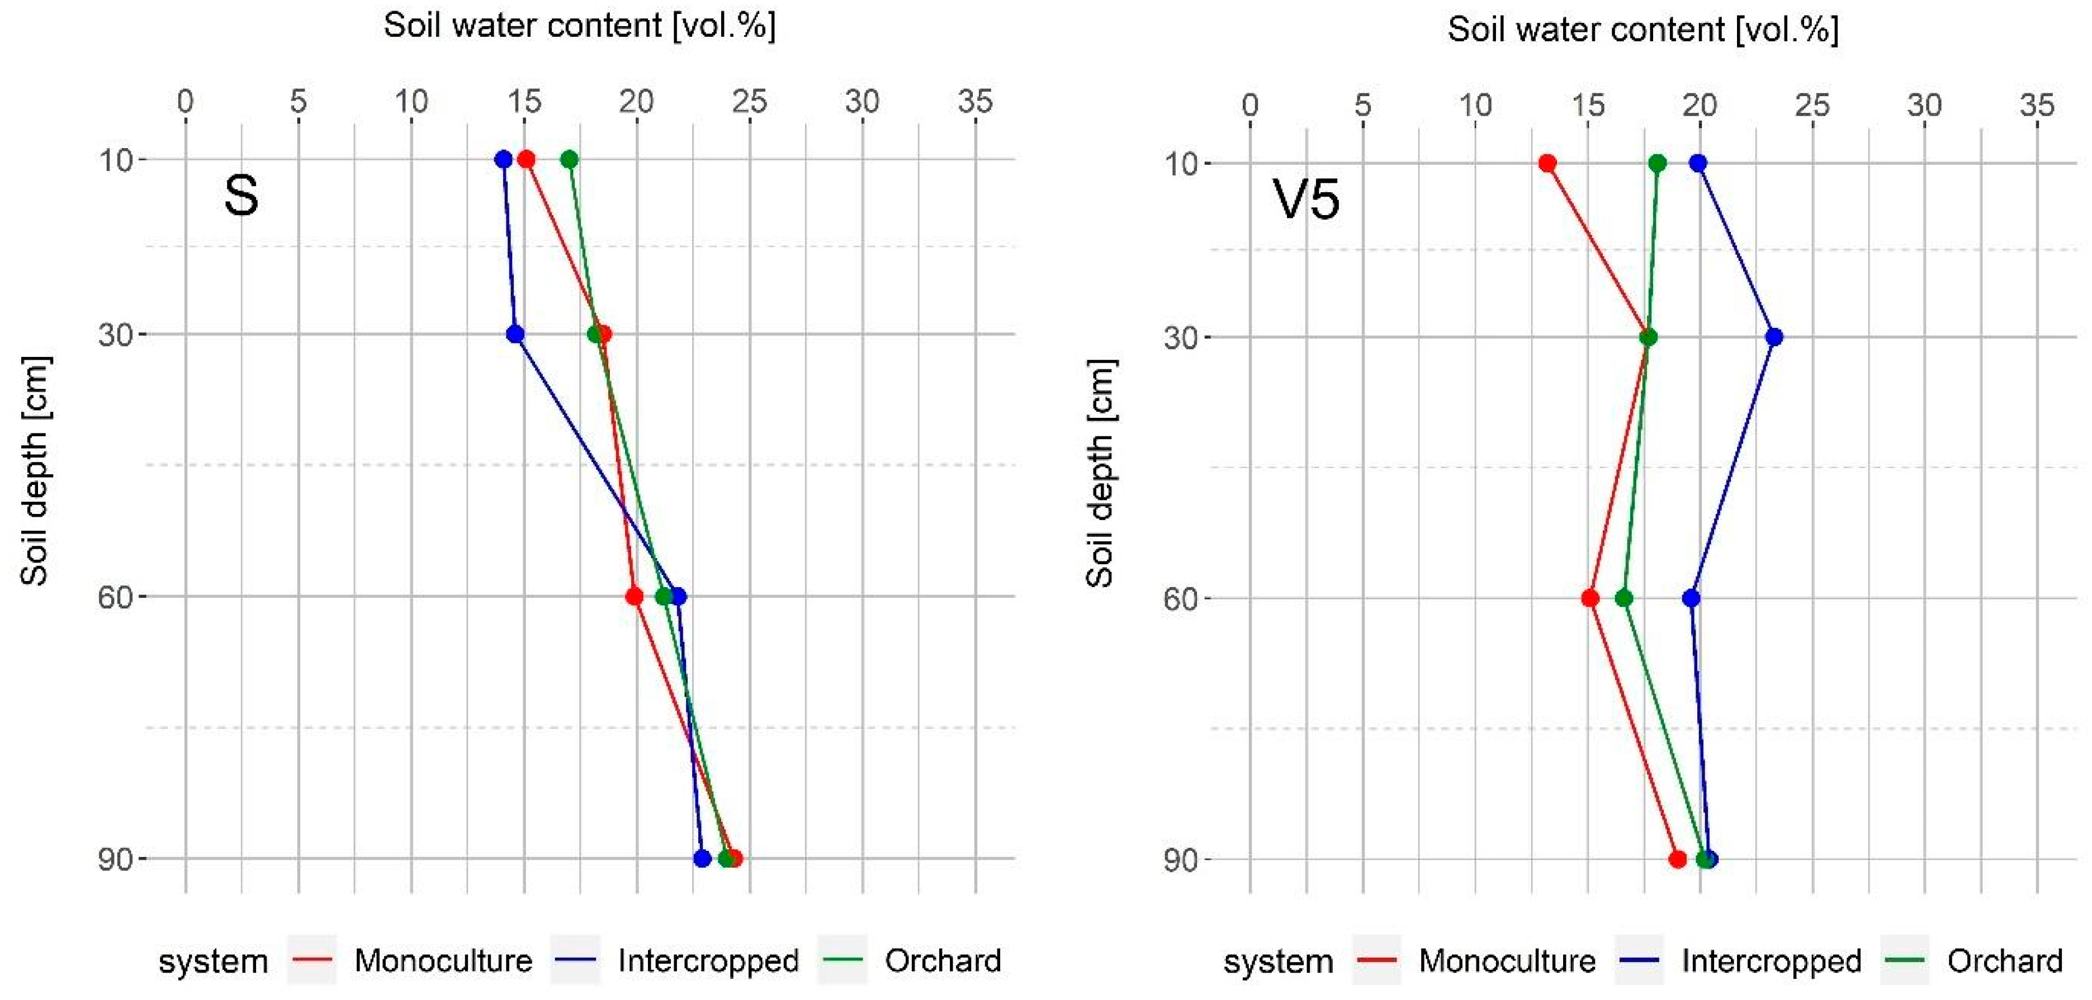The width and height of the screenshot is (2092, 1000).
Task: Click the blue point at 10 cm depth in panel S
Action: pos(504,159)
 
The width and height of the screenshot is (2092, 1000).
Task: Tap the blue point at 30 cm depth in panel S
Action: pos(515,334)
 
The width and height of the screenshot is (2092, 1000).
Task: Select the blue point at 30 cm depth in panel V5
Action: pos(1774,337)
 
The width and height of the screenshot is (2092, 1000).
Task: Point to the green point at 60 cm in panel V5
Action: pos(1624,599)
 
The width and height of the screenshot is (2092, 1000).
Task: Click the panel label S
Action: pos(241,196)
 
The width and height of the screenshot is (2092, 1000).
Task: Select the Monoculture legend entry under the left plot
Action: pos(443,961)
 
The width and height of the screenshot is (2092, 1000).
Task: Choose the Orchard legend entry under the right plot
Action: pos(2004,961)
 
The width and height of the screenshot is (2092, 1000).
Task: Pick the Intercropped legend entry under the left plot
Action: pos(707,961)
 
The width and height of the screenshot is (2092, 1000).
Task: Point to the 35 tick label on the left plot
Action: pos(974,102)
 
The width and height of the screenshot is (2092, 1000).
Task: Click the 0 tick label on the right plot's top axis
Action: pos(1250,106)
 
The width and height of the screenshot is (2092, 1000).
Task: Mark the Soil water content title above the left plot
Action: pos(580,26)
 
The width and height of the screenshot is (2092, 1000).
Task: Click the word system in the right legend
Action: pos(1278,962)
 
